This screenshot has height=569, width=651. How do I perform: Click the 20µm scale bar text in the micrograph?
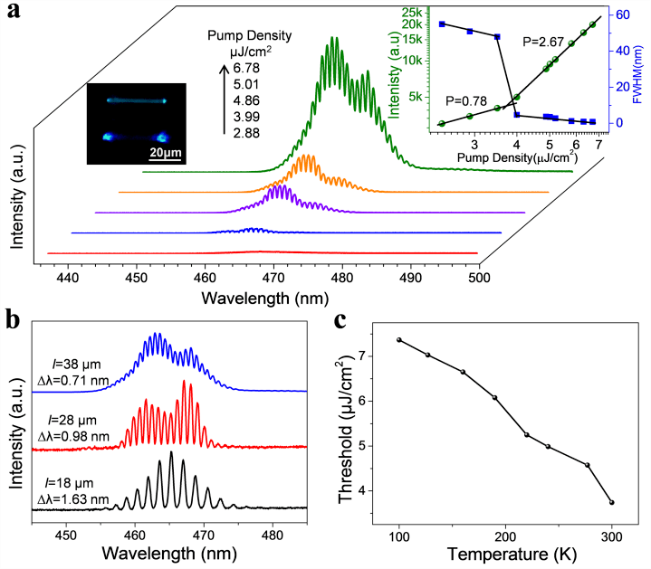pyautogui.click(x=164, y=151)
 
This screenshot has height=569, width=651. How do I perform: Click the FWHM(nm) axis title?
pyautogui.click(x=642, y=69)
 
